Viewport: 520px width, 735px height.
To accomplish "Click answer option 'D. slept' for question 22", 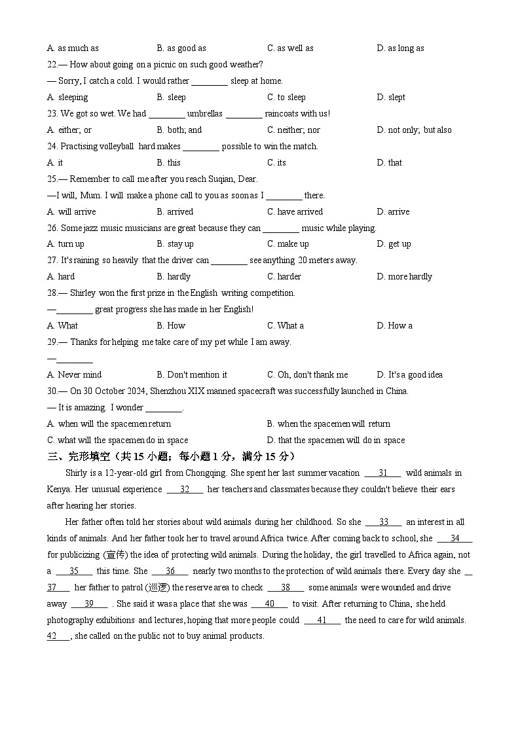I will (x=391, y=98).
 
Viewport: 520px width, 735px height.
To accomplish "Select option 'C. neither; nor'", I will (x=293, y=130).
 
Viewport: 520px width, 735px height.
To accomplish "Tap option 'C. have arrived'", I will (x=295, y=212).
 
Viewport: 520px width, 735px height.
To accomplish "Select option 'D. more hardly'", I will (x=404, y=277).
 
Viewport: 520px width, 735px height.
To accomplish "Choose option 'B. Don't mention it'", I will (x=192, y=375).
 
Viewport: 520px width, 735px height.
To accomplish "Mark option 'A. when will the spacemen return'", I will (x=109, y=424).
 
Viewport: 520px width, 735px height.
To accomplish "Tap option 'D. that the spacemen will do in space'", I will (x=335, y=440).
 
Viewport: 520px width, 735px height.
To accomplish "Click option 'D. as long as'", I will (x=400, y=48).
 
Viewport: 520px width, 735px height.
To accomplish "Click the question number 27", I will (x=52, y=260).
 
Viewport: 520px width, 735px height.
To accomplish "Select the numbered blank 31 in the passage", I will (x=383, y=473).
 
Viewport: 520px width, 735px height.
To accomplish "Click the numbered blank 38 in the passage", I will (x=286, y=588).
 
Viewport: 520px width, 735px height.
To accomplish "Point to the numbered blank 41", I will (x=322, y=620).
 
